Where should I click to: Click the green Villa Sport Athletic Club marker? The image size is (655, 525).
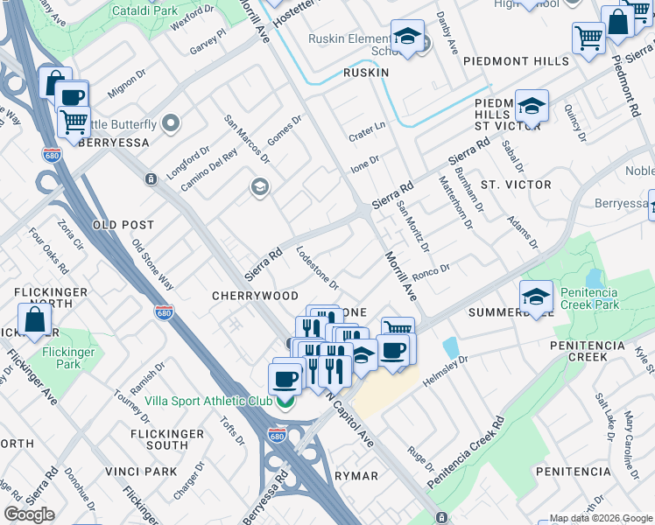pyautogui.click(x=285, y=402)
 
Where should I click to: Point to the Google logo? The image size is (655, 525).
pyautogui.click(x=29, y=514)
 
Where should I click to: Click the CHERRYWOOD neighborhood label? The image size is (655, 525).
pyautogui.click(x=255, y=296)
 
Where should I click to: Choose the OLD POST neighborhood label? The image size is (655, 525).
pyautogui.click(x=123, y=225)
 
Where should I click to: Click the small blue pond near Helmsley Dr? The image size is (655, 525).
pyautogui.click(x=451, y=347)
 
